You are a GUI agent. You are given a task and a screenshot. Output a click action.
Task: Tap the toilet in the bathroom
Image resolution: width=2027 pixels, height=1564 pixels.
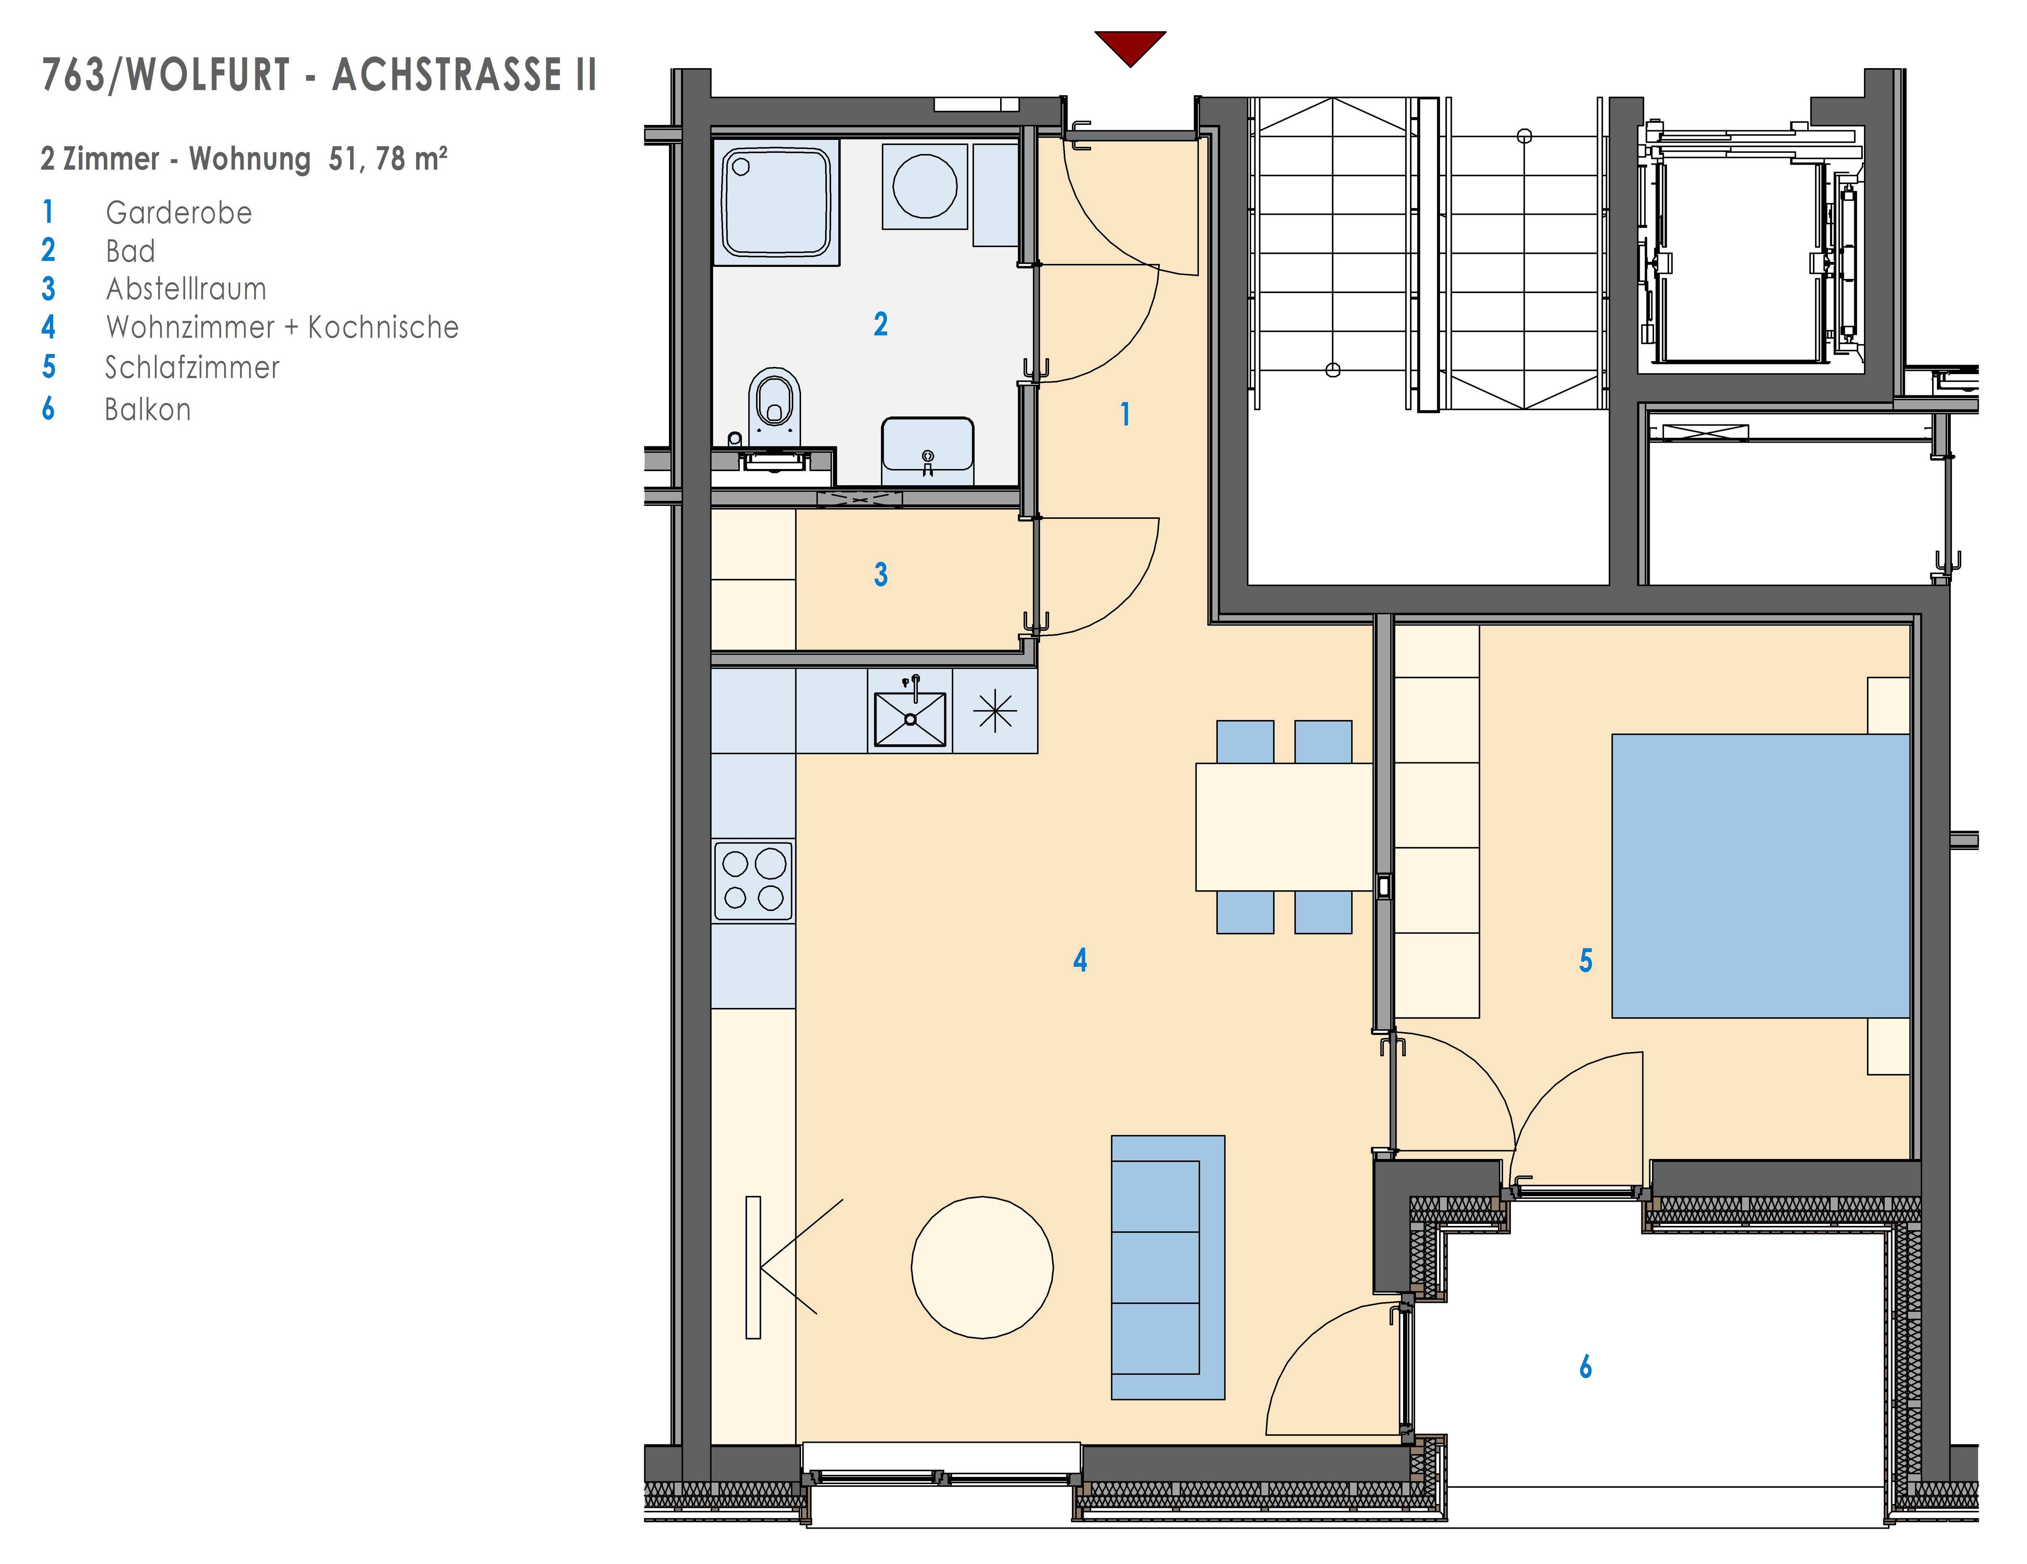775,407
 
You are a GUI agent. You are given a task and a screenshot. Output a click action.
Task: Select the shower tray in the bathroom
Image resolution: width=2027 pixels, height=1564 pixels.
776,202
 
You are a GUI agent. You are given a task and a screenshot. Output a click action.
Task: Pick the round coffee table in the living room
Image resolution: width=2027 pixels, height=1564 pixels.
982,1267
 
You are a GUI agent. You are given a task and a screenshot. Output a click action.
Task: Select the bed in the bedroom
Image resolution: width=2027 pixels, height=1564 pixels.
1761,876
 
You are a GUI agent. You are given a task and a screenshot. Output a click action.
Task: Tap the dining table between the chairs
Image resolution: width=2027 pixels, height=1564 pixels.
1283,827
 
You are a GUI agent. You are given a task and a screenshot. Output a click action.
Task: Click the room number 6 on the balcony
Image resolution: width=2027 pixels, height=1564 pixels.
1585,1366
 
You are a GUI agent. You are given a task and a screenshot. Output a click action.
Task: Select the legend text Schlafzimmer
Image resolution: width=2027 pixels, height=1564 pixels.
192,368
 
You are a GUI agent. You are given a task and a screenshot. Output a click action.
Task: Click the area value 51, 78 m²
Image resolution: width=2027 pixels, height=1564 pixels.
388,159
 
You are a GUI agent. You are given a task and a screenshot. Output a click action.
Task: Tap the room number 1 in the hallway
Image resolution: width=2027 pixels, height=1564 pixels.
1125,414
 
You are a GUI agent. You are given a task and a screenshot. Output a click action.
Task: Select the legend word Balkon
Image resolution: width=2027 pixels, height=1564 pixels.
148,409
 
